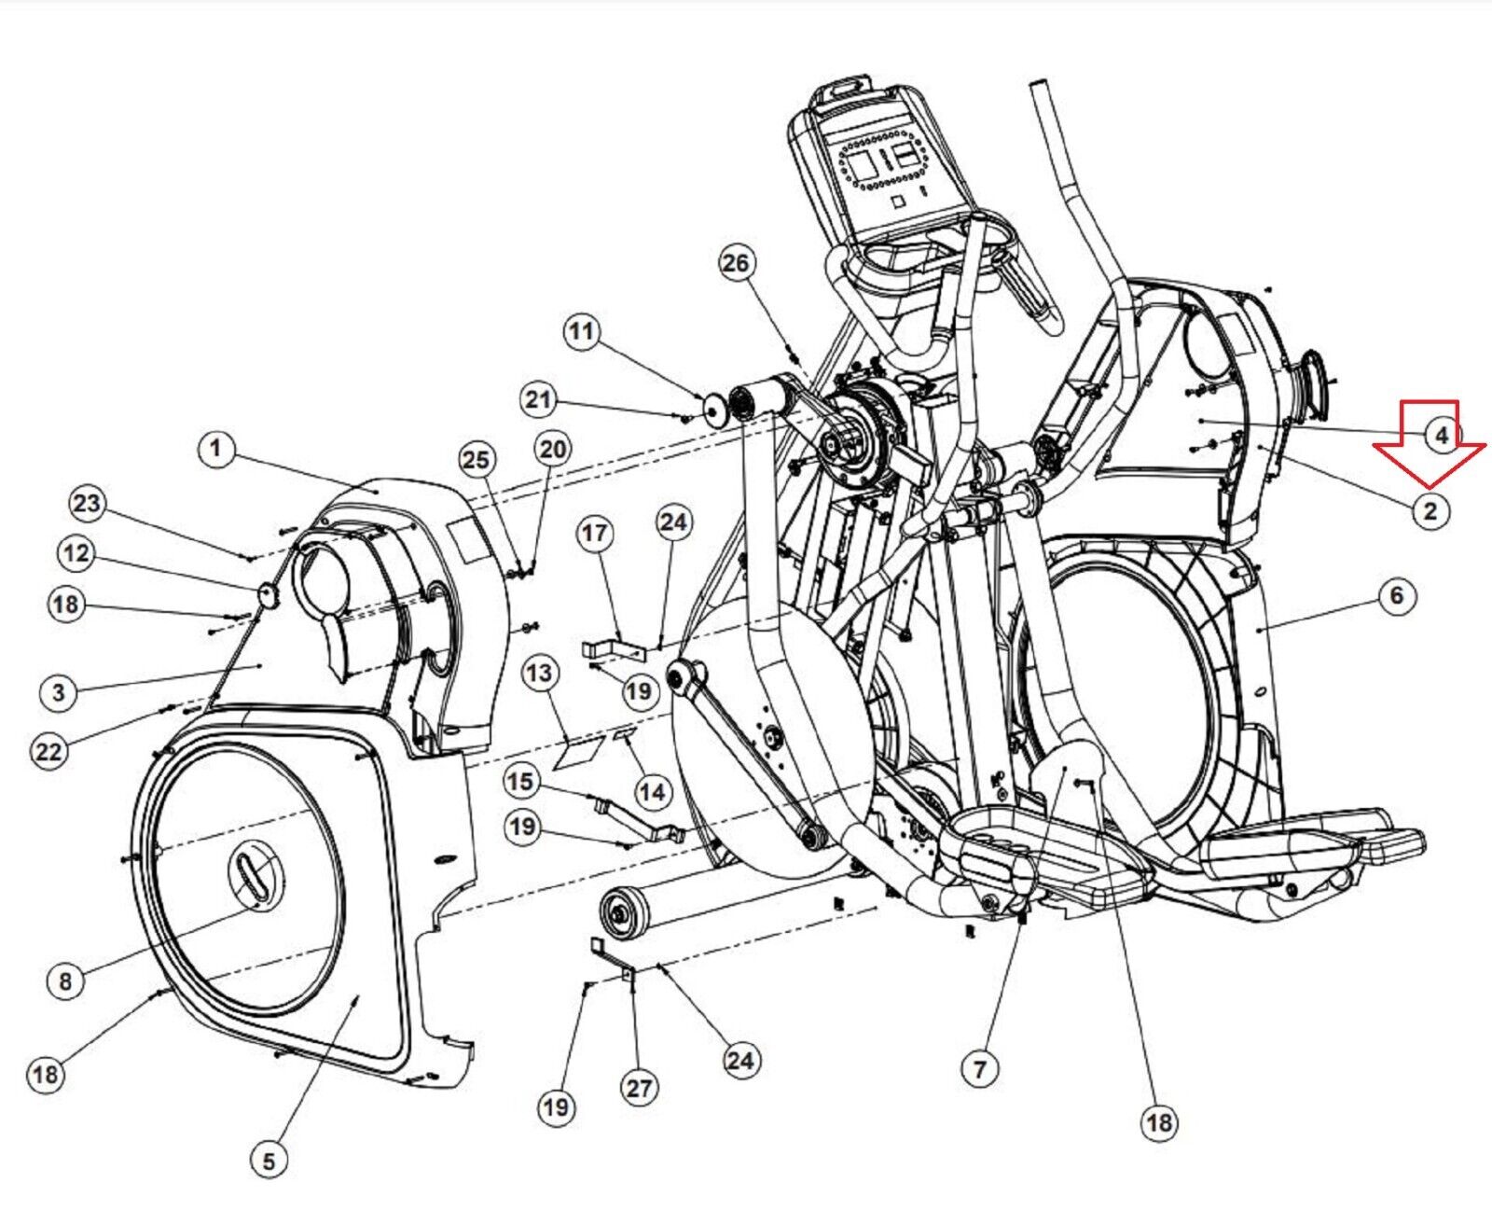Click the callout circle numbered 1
point(215,449)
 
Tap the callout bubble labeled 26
point(736,263)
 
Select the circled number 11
point(582,331)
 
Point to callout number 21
point(539,400)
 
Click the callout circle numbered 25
point(477,460)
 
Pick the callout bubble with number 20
point(553,449)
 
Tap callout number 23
point(88,504)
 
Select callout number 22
point(48,751)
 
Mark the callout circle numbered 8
point(65,981)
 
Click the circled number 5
point(269,1161)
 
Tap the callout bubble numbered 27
point(639,1088)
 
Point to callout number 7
point(980,1068)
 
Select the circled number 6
point(1397,595)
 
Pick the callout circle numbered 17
point(595,533)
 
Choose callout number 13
point(540,673)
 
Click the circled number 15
point(522,782)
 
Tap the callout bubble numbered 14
point(652,792)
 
